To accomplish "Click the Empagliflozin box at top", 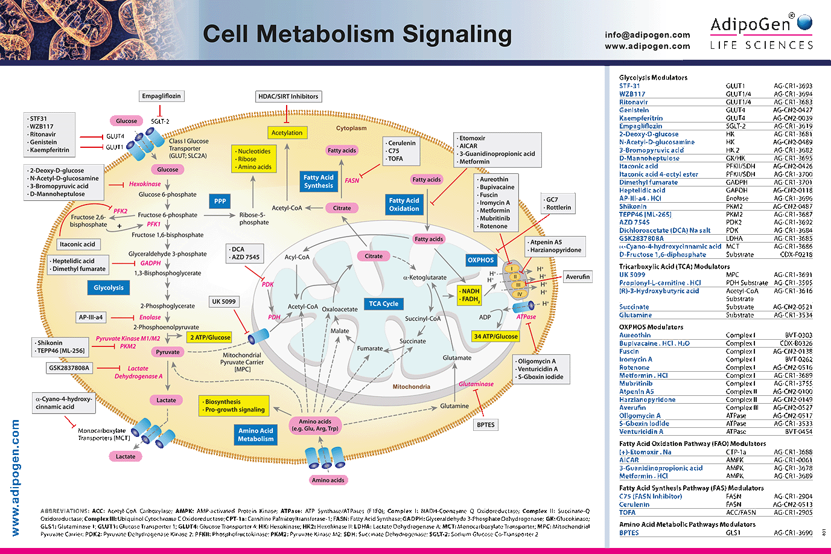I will (161, 96).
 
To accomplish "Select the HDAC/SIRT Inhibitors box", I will (288, 96).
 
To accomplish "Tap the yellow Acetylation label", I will (287, 133).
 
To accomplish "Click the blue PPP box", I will (220, 201).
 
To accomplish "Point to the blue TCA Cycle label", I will (384, 304).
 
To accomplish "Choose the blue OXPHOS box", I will (480, 260).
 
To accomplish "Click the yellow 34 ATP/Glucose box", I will (495, 336).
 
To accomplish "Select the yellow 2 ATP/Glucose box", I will (210, 337).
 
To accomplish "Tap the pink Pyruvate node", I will (168, 352).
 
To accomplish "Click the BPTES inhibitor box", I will (486, 425).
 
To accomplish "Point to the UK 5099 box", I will (223, 301).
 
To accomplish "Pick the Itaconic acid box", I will (77, 244).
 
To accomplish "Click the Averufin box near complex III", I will (578, 277).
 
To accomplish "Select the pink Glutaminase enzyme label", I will (476, 384).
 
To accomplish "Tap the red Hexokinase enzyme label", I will (145, 184).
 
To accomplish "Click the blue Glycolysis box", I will (109, 288).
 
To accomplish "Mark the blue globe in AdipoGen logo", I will (804, 22).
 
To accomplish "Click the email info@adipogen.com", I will (647, 35).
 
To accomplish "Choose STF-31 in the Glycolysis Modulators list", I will (629, 86).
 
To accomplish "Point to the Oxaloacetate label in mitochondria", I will (340, 309).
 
